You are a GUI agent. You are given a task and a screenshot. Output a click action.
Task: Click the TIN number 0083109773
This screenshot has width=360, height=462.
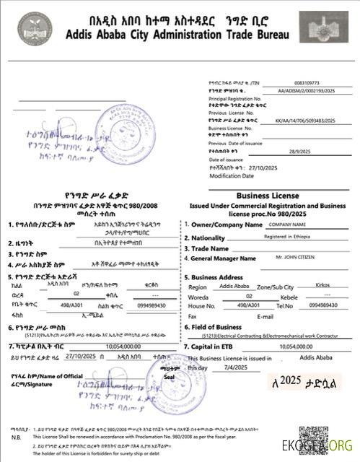pyautogui.click(x=308, y=84)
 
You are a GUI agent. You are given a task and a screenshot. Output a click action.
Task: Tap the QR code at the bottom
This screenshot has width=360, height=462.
pyautogui.click(x=314, y=440)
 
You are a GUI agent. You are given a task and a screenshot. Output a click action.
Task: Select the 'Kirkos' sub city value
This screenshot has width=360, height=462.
pyautogui.click(x=323, y=287)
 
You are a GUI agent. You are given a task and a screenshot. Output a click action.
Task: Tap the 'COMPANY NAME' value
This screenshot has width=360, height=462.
pyautogui.click(x=293, y=225)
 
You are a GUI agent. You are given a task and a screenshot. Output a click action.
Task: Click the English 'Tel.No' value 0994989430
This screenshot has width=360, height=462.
pyautogui.click(x=323, y=306)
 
